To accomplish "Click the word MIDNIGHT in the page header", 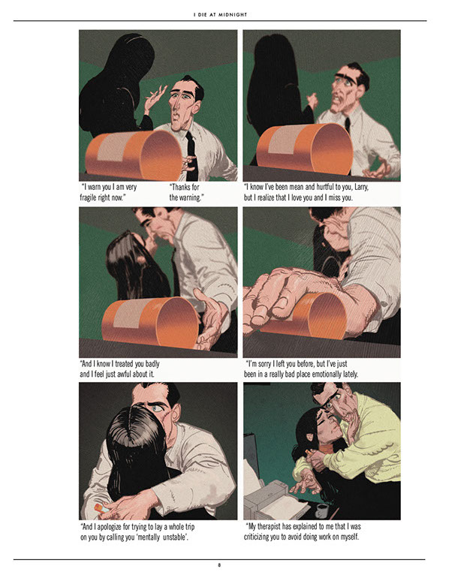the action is click(233, 14).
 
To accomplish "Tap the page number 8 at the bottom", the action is click(219, 565).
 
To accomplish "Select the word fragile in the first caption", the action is click(90, 197).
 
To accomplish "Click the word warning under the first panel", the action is click(191, 197).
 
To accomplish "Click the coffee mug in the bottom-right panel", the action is click(322, 510).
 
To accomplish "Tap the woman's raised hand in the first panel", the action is click(154, 99).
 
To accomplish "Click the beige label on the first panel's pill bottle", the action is click(112, 147).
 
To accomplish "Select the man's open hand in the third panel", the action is click(210, 318).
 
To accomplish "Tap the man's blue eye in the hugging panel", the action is click(157, 408).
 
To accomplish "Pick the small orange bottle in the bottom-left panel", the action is click(101, 508).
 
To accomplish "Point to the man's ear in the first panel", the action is click(196, 107).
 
